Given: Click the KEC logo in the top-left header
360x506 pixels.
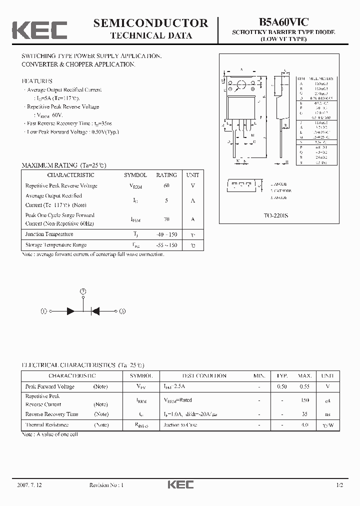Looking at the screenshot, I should pos(39,30).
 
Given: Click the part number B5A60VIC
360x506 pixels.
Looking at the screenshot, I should pos(283,21).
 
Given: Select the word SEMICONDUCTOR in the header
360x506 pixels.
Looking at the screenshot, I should pos(151,23).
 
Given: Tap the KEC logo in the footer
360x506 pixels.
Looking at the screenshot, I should pos(180,484).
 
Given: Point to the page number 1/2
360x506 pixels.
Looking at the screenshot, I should pos(339,485).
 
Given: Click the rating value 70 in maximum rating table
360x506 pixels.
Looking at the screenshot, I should pos(166,219).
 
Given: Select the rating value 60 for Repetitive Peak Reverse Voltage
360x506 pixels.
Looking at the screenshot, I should pos(166,185).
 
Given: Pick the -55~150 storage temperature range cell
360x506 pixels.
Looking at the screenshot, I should pos(166,245).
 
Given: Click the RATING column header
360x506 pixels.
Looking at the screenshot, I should pos(166,175).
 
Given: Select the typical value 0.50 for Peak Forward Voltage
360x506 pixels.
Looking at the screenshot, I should pos(282,386).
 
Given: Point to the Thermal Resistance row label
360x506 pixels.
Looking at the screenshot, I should pos(47,424).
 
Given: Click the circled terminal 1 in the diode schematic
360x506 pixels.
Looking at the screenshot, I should pos(43,310).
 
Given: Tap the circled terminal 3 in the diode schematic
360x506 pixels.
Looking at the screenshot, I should pos(122,310).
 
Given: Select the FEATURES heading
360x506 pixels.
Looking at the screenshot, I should pos(36,81).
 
